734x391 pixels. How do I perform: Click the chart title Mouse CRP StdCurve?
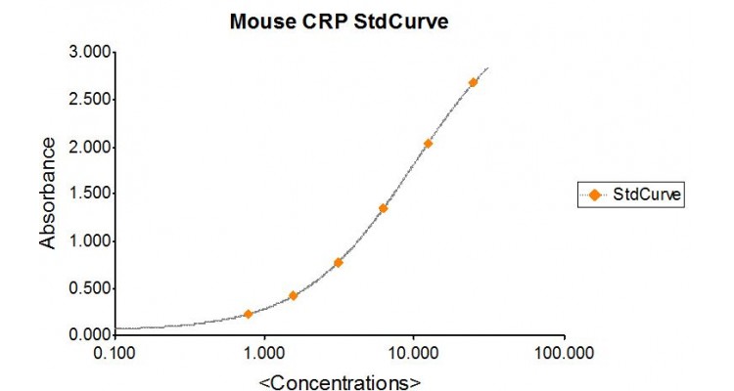tap(339, 21)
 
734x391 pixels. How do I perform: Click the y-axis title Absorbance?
tap(47, 194)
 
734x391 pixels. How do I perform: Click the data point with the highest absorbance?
tap(473, 83)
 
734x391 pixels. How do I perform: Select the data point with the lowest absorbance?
tap(249, 314)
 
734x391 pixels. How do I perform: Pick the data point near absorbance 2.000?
tap(428, 144)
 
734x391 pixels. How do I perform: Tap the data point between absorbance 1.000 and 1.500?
tap(383, 208)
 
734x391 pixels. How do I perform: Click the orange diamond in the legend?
tap(594, 195)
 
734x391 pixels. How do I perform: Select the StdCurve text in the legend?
tap(646, 195)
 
